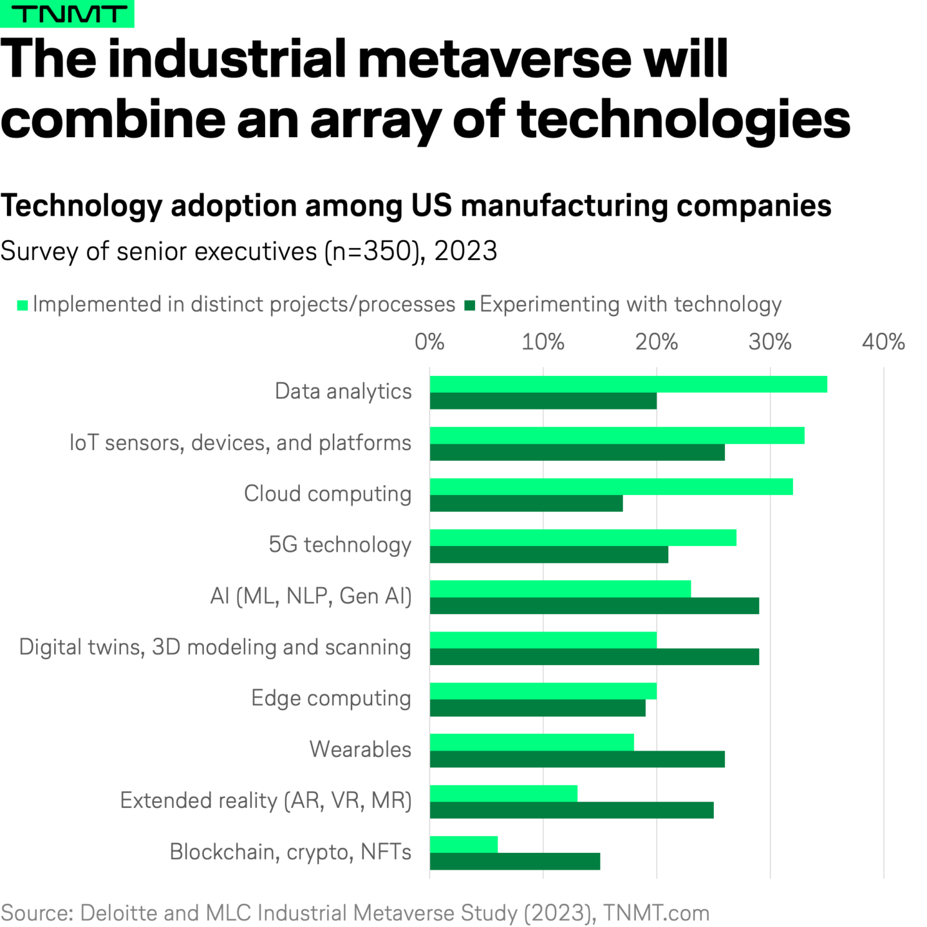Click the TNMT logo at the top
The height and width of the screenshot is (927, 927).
[x=67, y=14]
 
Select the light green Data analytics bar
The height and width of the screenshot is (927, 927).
[x=628, y=384]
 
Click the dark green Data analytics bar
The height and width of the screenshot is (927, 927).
[x=543, y=401]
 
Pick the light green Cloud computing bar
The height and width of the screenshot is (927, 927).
[x=611, y=487]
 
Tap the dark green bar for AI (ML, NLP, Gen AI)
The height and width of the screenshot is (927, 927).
[x=594, y=606]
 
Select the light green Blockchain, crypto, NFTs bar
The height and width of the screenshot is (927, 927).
[x=464, y=845]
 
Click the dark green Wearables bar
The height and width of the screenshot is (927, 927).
[x=577, y=759]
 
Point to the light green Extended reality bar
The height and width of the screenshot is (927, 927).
[x=503, y=793]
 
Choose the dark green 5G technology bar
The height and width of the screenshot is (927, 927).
[x=548, y=554]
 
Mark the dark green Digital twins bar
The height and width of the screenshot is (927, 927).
[x=594, y=657]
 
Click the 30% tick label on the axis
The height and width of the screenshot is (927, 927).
[x=770, y=342]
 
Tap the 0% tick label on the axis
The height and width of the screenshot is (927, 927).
[x=429, y=342]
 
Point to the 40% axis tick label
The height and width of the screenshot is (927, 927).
[x=883, y=342]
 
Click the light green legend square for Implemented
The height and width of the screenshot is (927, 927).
[x=23, y=305]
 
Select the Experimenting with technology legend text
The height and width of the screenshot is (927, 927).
[x=630, y=304]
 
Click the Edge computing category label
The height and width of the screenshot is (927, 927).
[x=331, y=698]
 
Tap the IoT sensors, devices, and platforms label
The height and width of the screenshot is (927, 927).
[x=240, y=443]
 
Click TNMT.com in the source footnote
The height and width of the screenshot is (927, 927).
[x=656, y=913]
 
